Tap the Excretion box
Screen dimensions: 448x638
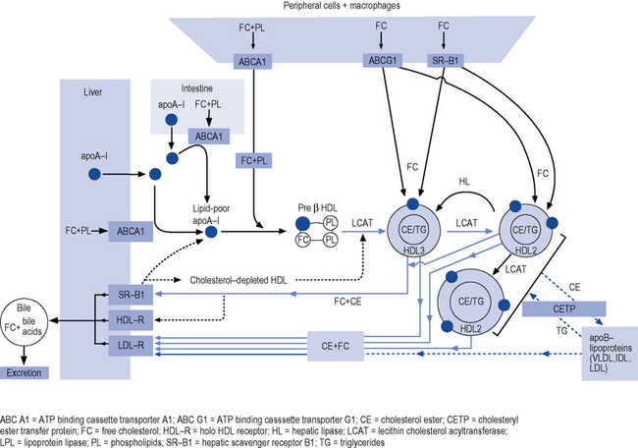29,371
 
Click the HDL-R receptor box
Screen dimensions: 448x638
129,319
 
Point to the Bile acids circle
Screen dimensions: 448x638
29,319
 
